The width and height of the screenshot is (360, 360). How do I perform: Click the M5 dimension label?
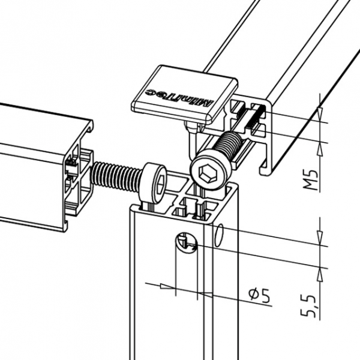(311, 180)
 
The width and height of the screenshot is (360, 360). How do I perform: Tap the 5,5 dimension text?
(308, 306)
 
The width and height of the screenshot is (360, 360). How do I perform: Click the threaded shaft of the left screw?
(115, 176)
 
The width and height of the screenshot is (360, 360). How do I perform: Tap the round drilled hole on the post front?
(187, 243)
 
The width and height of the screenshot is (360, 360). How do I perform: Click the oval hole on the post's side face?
(219, 235)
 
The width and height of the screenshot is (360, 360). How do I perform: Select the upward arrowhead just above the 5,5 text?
(320, 275)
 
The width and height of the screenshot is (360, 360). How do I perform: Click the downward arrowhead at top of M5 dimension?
(320, 114)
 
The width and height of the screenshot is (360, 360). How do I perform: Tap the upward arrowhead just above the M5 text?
(320, 151)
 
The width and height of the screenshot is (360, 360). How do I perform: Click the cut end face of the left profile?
(78, 181)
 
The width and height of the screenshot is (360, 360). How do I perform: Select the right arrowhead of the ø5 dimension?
(206, 294)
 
